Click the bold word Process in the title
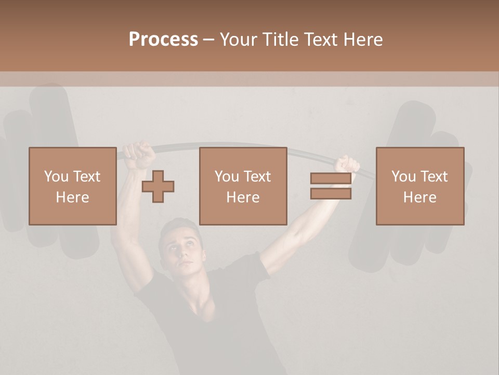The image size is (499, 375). point(163,40)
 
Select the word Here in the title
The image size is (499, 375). point(363,40)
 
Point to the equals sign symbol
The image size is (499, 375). point(331,186)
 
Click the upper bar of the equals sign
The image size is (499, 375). point(331,179)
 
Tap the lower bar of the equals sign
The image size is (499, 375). point(331,194)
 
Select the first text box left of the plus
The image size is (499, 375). point(73,186)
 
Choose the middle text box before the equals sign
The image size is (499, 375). point(243,186)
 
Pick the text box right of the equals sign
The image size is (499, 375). point(420,186)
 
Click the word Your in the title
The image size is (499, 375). point(237,40)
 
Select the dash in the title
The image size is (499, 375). point(208,40)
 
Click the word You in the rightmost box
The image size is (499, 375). point(403,177)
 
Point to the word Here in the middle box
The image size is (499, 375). point(243,197)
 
